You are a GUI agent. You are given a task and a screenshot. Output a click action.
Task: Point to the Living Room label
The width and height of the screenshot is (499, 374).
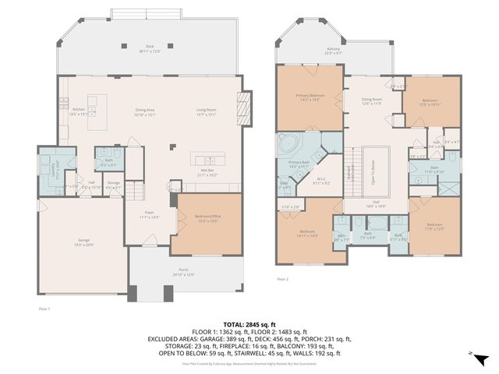(206, 111)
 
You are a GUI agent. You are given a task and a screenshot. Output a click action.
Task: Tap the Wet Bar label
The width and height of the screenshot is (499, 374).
(207, 172)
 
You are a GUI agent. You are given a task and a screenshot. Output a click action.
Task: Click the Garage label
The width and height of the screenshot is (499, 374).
(83, 241)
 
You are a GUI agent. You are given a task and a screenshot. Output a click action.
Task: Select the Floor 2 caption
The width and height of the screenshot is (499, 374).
(282, 278)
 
